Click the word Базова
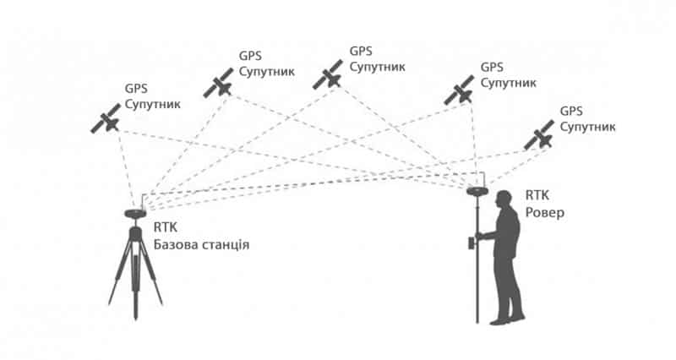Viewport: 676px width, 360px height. click(x=176, y=245)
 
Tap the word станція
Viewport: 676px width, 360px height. click(x=224, y=245)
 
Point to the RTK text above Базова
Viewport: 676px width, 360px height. click(x=166, y=227)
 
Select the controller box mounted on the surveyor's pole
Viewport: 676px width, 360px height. click(x=472, y=244)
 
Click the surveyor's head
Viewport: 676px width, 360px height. click(x=504, y=199)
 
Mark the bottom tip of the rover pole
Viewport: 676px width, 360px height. click(x=478, y=322)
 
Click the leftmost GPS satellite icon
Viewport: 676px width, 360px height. click(x=106, y=119)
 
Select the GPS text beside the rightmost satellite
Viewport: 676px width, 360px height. click(x=572, y=111)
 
